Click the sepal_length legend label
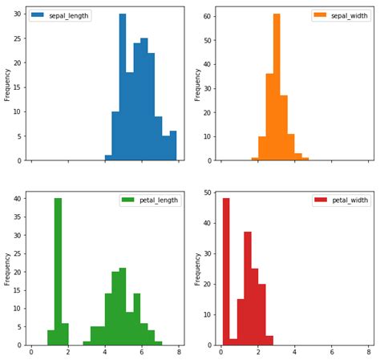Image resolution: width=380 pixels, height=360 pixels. (68, 15)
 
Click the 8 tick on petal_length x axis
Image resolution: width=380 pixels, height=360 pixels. (180, 352)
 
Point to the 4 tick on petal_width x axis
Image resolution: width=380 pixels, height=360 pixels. (295, 352)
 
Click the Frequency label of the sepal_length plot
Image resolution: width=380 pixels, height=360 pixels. (7, 83)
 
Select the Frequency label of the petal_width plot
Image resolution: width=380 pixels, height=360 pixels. (197, 269)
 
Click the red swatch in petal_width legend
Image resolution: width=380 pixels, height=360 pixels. (320, 200)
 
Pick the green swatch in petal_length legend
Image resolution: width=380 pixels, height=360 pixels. (127, 200)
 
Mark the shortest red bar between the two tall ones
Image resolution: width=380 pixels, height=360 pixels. (233, 342)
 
